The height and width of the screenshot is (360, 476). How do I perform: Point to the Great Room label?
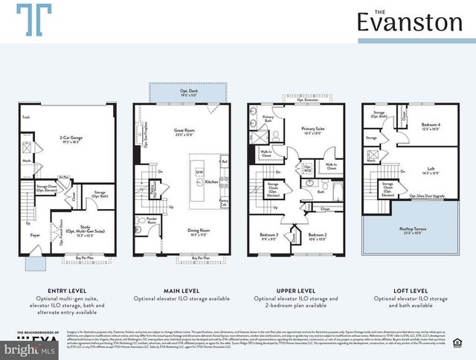click(184, 132)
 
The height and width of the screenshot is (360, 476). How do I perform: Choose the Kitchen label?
click(211, 181)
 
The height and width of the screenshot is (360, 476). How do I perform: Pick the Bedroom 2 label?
click(317, 236)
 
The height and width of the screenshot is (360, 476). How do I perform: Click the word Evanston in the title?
click(409, 23)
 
